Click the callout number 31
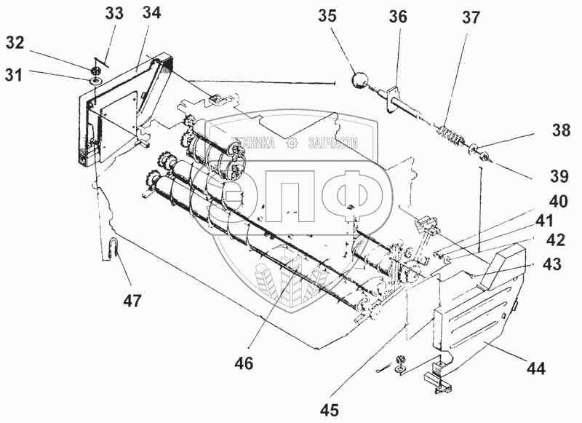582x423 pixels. tap(14, 75)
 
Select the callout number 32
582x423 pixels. tap(15, 43)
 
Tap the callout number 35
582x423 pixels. tap(327, 16)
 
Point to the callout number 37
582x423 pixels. tap(471, 17)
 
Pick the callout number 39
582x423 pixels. tap(559, 176)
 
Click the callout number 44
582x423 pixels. tap(536, 368)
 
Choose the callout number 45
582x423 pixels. tap(330, 410)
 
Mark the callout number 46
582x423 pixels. tap(244, 363)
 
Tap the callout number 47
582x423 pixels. tap(132, 300)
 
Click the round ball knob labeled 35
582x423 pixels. tap(359, 80)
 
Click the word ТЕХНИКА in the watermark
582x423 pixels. tap(252, 143)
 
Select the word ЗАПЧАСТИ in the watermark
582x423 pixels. tap(333, 143)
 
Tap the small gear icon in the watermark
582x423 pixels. tap(292, 143)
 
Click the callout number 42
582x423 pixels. tap(555, 240)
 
